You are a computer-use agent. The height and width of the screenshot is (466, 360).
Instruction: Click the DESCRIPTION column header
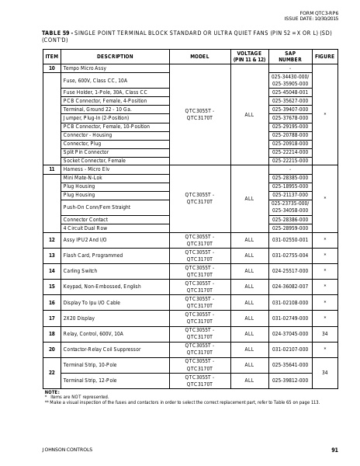(115, 57)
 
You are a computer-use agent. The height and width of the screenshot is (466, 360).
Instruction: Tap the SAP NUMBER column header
(290, 57)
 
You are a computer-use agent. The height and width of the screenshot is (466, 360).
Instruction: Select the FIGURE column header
(324, 57)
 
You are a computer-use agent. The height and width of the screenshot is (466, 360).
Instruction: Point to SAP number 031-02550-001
(290, 239)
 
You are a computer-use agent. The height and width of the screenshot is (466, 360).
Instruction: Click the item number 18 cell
(51, 333)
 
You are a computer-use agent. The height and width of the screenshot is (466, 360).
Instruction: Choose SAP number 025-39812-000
(290, 380)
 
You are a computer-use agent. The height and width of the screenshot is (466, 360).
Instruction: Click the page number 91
(334, 450)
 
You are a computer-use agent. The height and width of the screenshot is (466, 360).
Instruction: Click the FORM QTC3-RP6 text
(319, 13)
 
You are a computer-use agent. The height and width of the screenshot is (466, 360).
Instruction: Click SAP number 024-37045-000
(290, 333)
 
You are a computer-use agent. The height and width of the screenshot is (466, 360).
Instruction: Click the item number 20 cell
(51, 349)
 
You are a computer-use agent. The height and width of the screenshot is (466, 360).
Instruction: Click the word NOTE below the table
(51, 391)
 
